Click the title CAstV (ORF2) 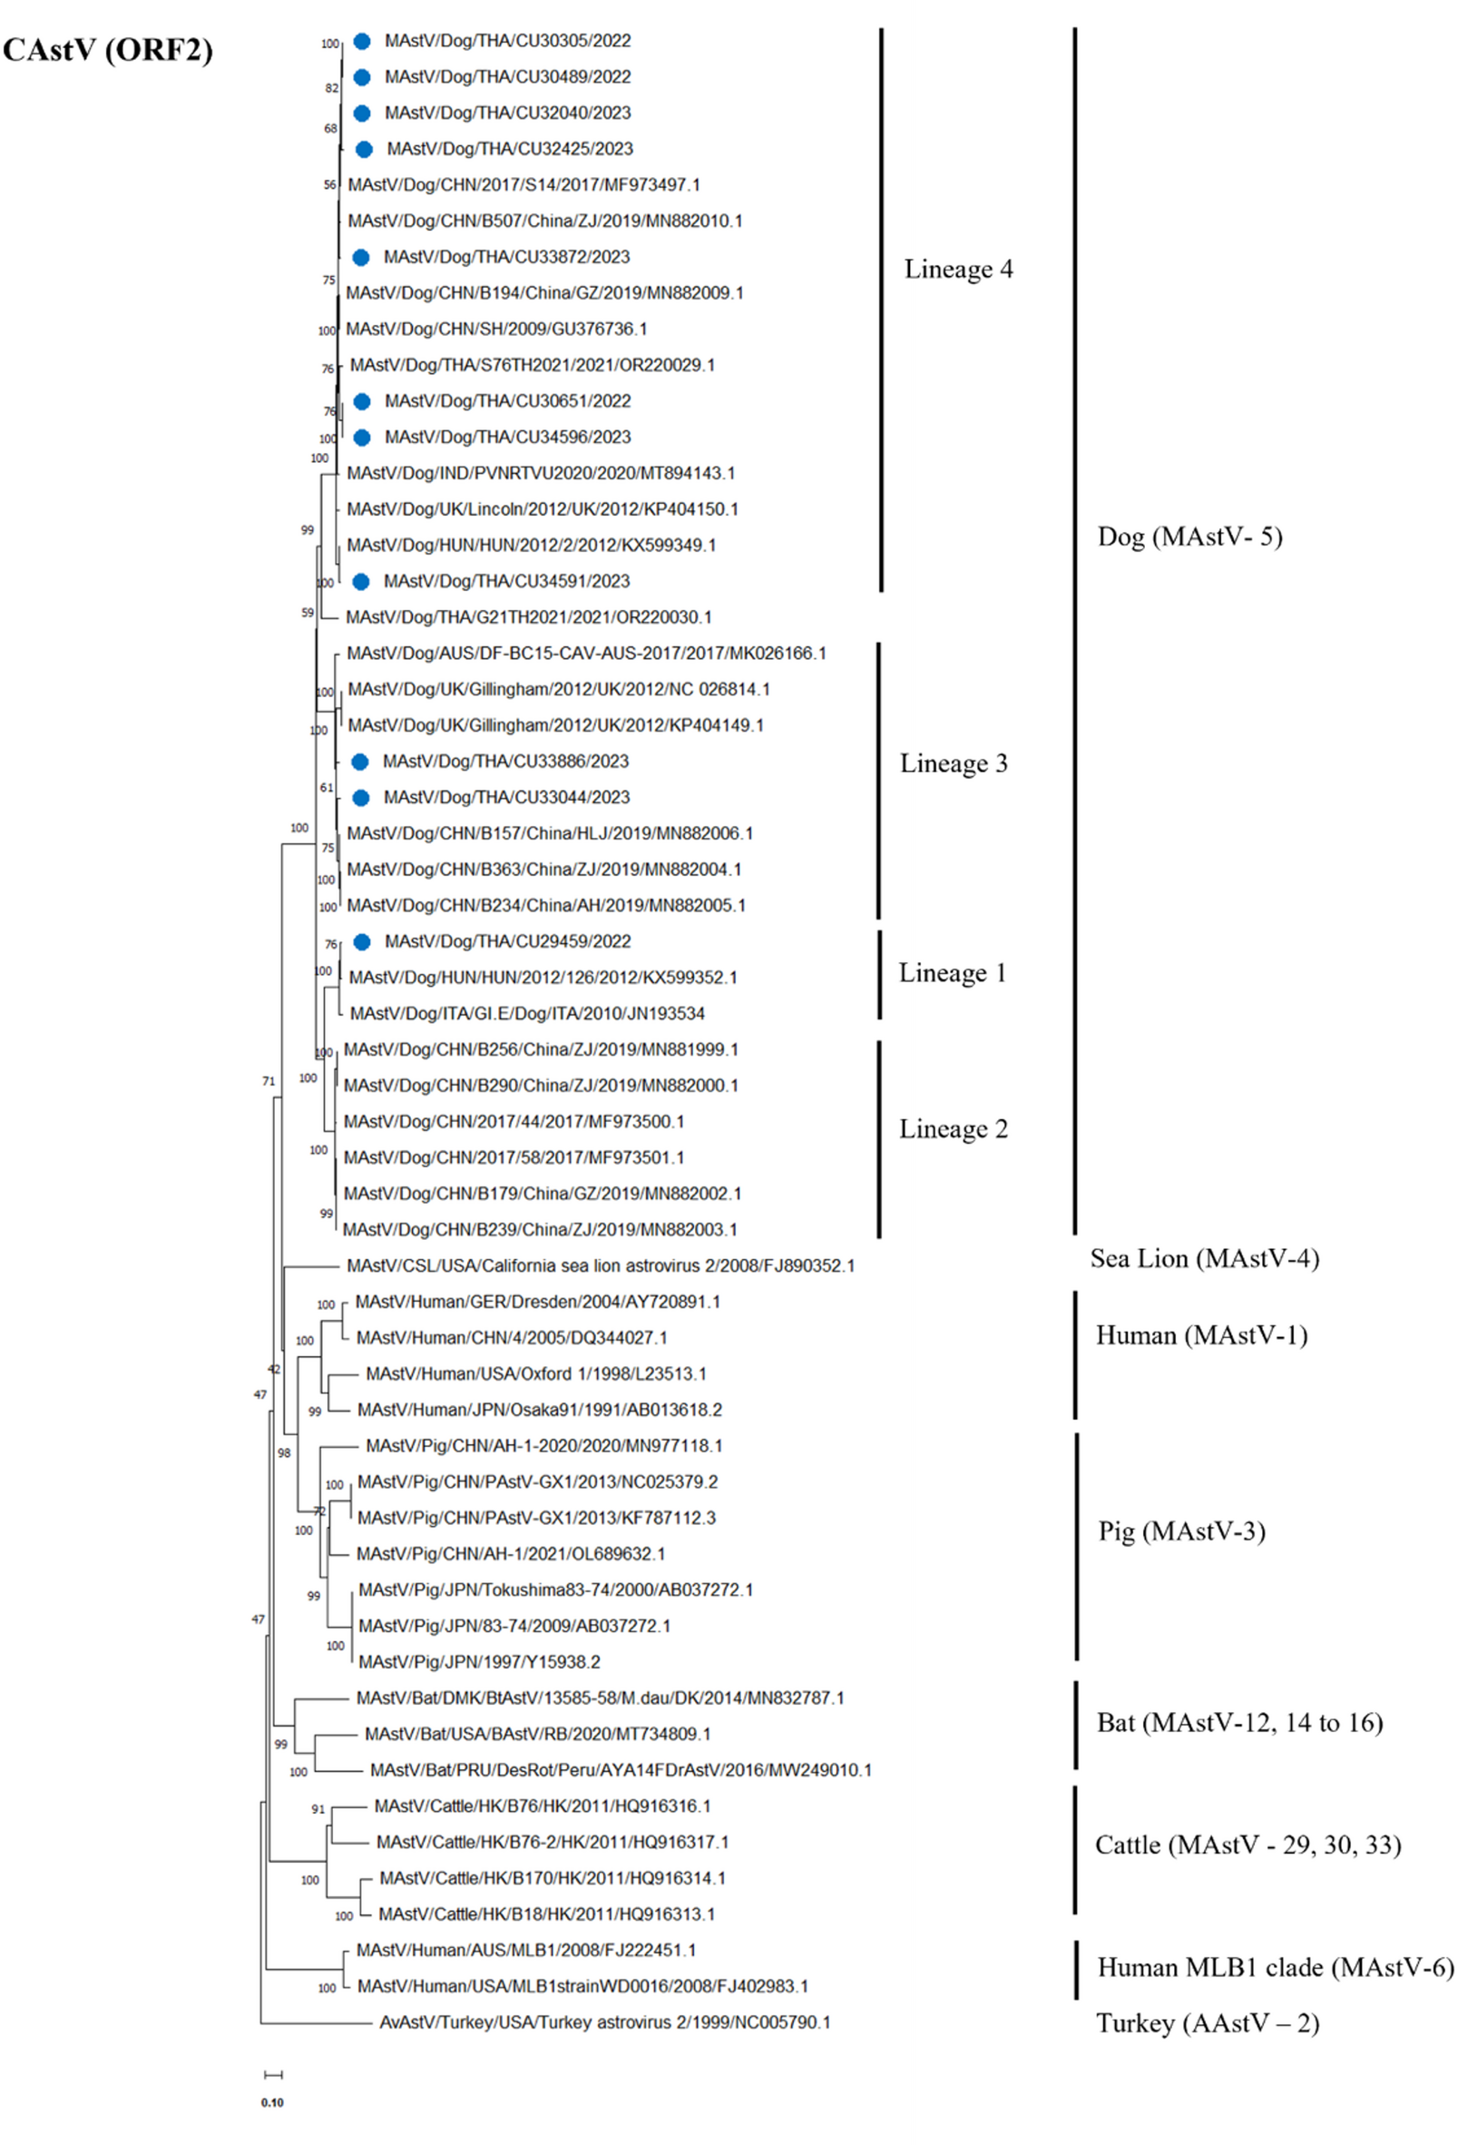click(x=108, y=50)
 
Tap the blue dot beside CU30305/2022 click(x=362, y=41)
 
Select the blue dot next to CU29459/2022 click(x=362, y=941)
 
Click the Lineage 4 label click(x=958, y=269)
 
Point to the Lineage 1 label click(x=952, y=973)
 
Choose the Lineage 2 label click(x=954, y=1129)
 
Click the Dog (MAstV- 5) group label click(x=1189, y=536)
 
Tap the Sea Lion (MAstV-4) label click(x=1204, y=1258)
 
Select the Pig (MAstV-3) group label click(x=1181, y=1531)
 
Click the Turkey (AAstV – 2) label click(x=1207, y=2023)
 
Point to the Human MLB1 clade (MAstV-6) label click(x=1276, y=1967)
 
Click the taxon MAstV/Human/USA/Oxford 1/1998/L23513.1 click(x=535, y=1373)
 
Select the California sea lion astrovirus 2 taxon click(x=600, y=1265)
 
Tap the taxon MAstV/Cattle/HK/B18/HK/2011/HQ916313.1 click(x=546, y=1914)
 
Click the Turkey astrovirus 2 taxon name click(x=604, y=2022)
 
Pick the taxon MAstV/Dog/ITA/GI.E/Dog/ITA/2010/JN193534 click(x=527, y=1013)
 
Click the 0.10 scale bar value click(x=272, y=2101)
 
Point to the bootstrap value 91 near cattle click(x=318, y=1809)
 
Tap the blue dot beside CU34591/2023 click(x=361, y=582)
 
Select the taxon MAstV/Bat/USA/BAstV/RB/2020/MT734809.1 click(x=537, y=1734)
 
